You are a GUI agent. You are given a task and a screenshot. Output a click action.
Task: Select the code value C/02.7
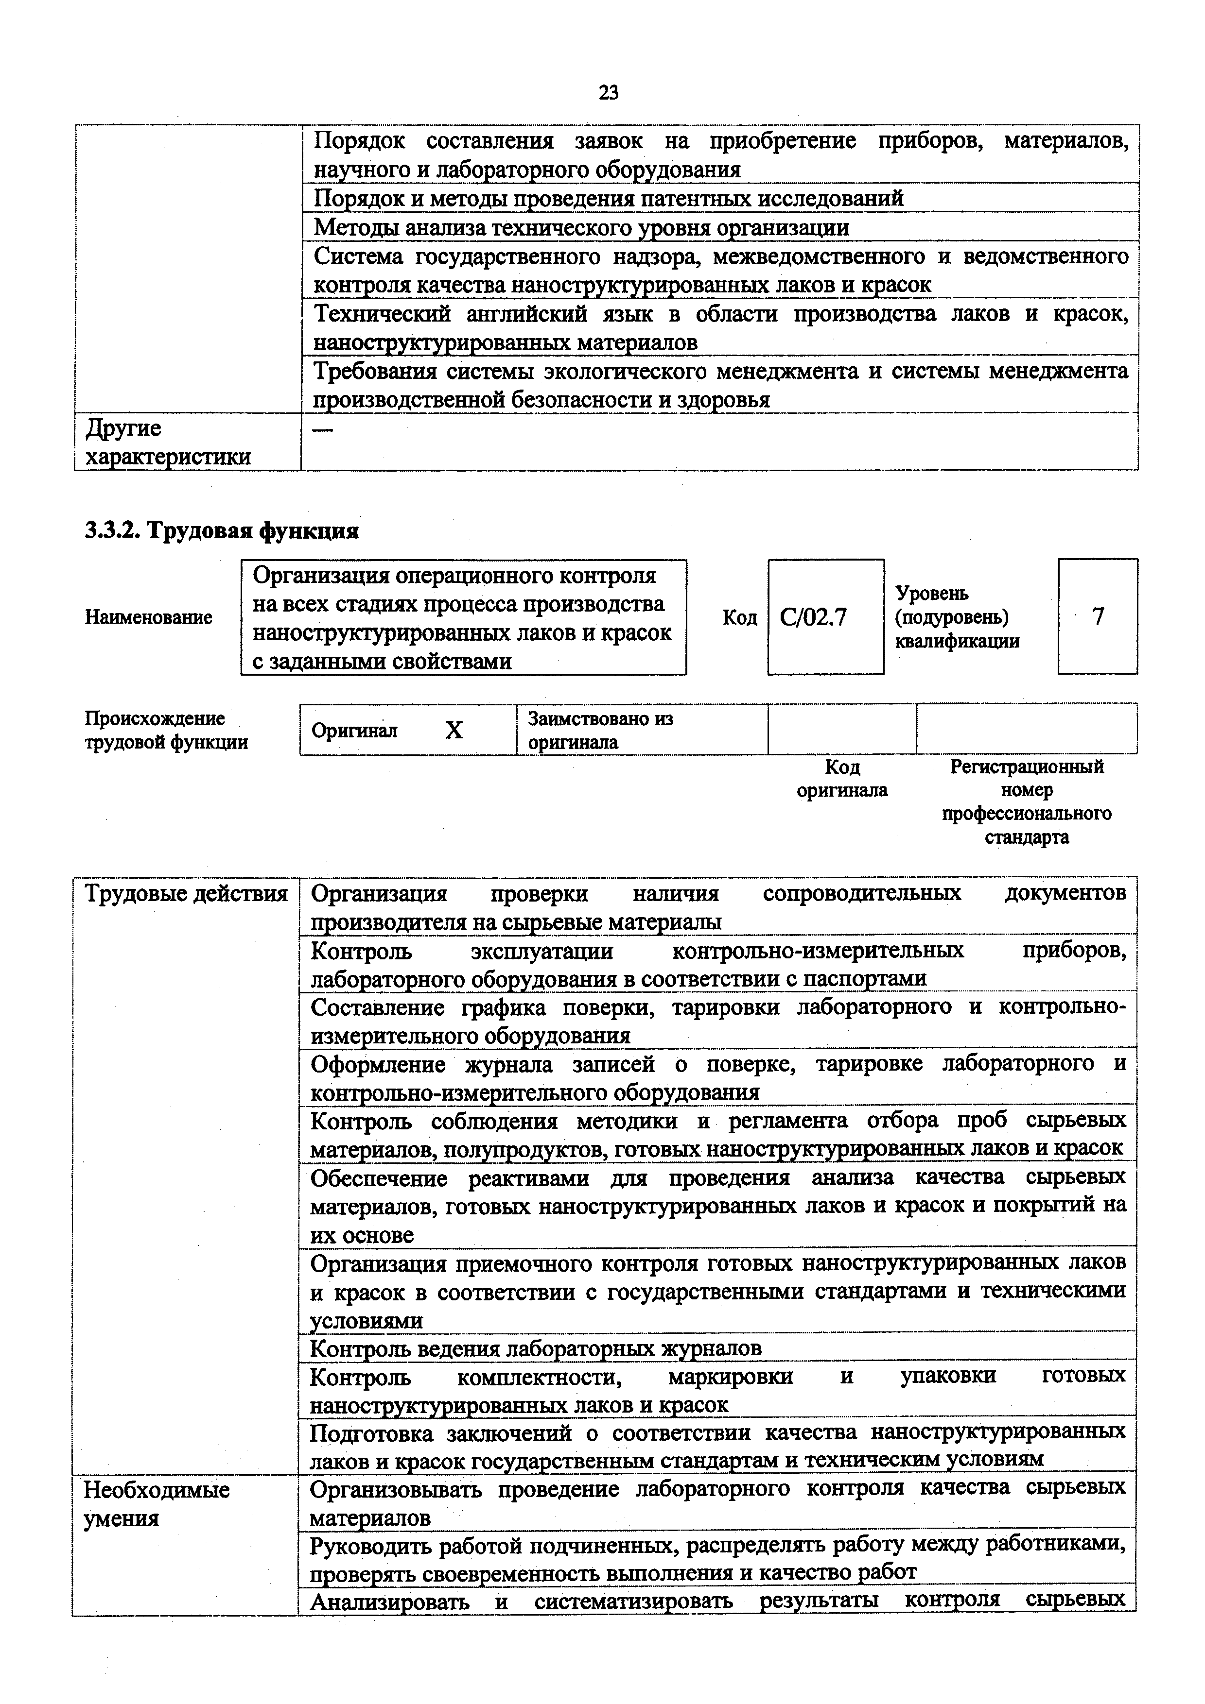click(813, 617)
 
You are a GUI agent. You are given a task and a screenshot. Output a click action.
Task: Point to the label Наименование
click(148, 617)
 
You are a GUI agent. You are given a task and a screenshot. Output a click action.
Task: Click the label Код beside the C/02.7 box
click(739, 617)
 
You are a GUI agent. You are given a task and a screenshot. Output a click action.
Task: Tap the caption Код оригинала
click(842, 779)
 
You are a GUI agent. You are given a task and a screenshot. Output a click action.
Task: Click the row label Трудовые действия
click(186, 894)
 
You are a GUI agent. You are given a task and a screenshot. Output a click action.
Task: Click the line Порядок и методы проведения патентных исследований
click(609, 198)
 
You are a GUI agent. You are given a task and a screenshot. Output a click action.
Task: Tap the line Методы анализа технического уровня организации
click(581, 227)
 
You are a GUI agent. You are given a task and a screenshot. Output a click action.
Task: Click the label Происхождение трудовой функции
click(166, 730)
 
